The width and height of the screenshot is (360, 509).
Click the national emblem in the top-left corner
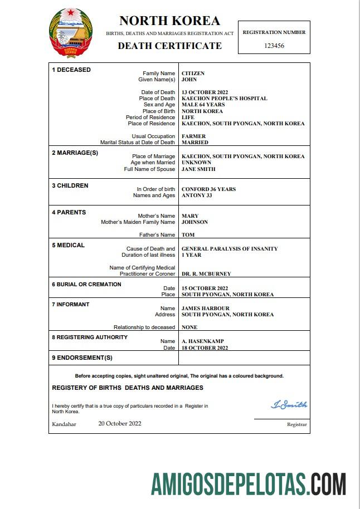[71, 33]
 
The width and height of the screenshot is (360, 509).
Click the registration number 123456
[274, 46]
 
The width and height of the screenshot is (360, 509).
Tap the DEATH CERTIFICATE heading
[169, 46]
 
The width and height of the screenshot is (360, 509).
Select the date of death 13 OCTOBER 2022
[205, 92]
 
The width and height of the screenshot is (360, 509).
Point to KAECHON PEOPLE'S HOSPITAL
[224, 99]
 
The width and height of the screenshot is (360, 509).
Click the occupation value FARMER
[193, 136]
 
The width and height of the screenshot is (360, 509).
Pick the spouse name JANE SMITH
[198, 169]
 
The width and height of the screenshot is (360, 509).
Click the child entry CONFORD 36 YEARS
[208, 189]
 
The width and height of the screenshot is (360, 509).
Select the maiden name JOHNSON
[194, 222]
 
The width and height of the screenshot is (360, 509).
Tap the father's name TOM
[188, 235]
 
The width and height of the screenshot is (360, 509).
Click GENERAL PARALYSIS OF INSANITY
[230, 249]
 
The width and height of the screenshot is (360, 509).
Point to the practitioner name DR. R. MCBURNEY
[206, 274]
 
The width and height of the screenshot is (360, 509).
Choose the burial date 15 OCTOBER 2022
[205, 288]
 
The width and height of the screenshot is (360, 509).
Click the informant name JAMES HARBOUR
[206, 309]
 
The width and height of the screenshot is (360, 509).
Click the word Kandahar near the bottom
[64, 424]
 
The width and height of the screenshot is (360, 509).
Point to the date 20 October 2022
[120, 424]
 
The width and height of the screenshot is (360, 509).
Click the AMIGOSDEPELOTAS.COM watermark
[249, 483]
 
